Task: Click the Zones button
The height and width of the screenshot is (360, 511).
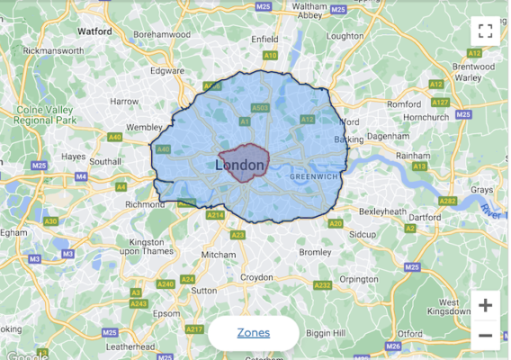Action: click(254, 333)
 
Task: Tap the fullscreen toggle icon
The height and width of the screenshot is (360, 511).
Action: click(486, 31)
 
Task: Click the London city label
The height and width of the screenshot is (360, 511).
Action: click(241, 166)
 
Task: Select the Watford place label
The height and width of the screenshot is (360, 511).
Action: click(94, 31)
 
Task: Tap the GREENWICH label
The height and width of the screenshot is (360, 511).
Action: click(315, 177)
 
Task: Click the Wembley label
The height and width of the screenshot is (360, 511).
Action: click(145, 128)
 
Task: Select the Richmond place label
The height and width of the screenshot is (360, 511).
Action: click(145, 204)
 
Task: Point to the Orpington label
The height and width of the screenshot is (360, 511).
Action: click(360, 279)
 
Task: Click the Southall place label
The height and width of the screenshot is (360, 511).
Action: click(104, 161)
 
